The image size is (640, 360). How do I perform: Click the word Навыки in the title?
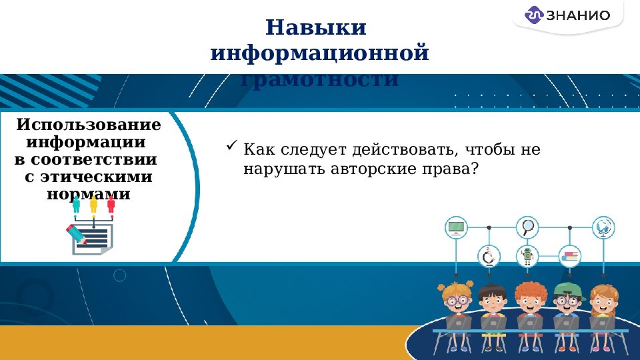point(316,29)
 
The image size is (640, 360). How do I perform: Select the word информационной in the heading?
point(319,53)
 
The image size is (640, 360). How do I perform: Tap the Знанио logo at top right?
point(567,15)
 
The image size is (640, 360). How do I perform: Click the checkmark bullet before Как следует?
point(232,145)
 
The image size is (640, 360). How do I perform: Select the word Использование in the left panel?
point(89,125)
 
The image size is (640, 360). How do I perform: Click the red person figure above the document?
point(111,204)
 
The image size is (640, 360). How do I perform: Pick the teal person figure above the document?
point(76,204)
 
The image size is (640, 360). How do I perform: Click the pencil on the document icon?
point(75,234)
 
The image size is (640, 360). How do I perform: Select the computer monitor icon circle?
point(457,227)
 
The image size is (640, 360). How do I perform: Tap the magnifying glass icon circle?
point(528,227)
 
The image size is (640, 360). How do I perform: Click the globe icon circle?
point(603,227)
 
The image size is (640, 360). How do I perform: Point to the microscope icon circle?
point(489,256)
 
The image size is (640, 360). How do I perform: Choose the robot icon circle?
point(528,256)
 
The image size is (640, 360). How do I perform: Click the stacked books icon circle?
point(570,256)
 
